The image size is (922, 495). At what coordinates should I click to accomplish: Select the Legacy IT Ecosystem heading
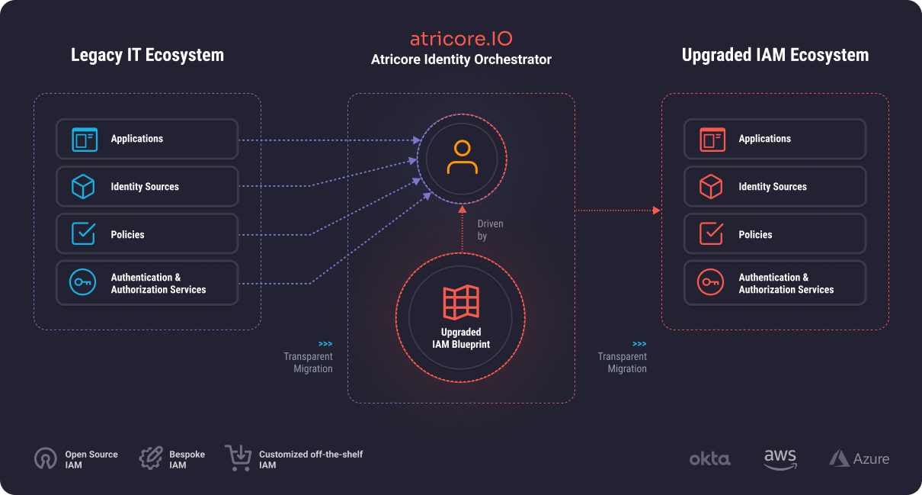tap(147, 55)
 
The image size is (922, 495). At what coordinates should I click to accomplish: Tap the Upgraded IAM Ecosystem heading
tap(775, 55)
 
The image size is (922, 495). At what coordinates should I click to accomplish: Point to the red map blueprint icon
tap(461, 303)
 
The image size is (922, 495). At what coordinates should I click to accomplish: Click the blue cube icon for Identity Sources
tap(82, 186)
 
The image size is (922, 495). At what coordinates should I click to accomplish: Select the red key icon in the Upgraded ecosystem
tap(710, 283)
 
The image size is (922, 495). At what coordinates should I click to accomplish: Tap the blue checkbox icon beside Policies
tap(82, 234)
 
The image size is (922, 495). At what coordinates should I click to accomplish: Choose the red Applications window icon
tap(710, 139)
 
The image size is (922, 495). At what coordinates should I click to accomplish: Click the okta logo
tap(709, 458)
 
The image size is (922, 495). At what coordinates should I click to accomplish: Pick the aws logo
tap(780, 458)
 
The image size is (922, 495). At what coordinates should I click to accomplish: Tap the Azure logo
tap(859, 458)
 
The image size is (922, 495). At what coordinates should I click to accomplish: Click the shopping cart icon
tap(239, 458)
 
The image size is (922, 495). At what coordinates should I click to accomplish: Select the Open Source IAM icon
tap(46, 458)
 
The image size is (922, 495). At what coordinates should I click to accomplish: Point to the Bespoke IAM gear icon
tap(151, 458)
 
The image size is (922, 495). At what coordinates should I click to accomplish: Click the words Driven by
tap(489, 230)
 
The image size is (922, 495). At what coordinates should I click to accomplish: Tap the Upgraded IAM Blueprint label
tap(461, 338)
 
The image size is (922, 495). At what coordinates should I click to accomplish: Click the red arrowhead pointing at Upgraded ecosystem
tap(657, 210)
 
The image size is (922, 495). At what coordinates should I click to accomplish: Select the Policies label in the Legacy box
tap(127, 235)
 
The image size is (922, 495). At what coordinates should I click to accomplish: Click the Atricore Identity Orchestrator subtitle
tap(461, 59)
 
